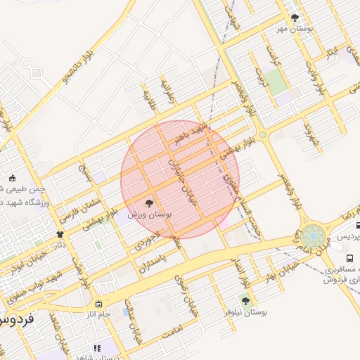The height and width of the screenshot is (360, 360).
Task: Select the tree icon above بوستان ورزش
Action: point(156,203)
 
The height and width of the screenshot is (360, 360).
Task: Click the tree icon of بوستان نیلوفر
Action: point(245,301)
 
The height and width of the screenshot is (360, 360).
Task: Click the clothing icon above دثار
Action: point(60,234)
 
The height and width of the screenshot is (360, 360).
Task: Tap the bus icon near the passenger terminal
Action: point(359,226)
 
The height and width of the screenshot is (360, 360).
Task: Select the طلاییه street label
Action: point(150,99)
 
